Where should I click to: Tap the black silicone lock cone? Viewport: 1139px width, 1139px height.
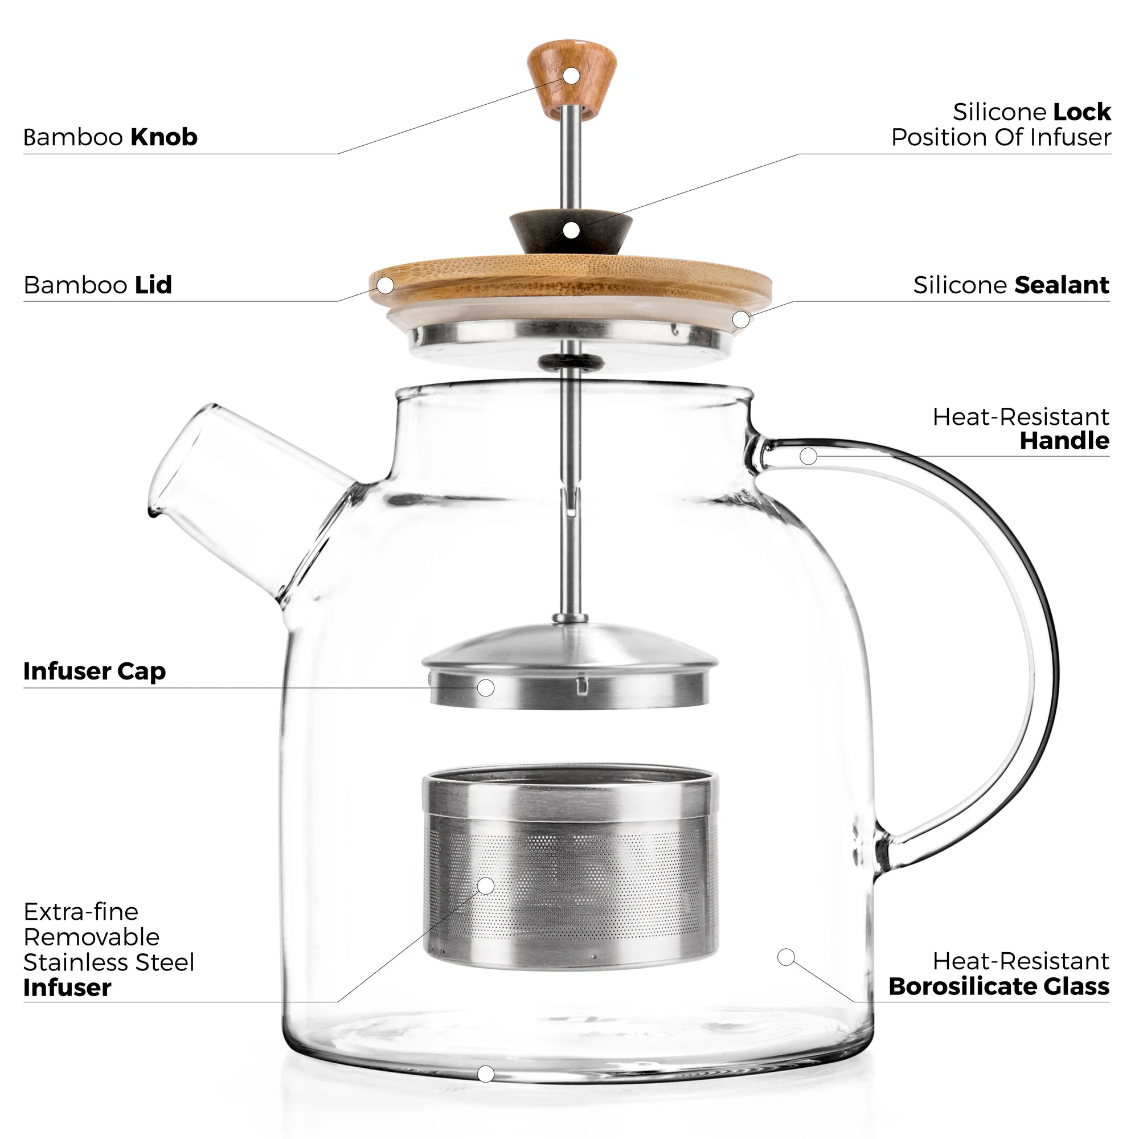point(571,231)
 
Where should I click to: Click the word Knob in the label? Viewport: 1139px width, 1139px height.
point(163,137)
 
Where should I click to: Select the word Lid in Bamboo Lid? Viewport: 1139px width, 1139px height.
point(153,285)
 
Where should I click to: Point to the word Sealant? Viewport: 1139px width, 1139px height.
point(1060,285)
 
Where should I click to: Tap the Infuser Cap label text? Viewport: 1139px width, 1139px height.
point(95,671)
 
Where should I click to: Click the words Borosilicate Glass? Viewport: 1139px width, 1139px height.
point(998,986)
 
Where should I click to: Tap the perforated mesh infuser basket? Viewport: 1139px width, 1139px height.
point(571,884)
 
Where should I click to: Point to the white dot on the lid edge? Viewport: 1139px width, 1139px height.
point(386,285)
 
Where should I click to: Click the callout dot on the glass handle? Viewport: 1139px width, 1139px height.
point(808,456)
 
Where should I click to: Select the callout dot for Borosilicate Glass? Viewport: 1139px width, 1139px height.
point(786,957)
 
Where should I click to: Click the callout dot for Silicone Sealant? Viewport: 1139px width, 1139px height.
point(741,319)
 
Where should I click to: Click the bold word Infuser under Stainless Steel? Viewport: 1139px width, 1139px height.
point(67,988)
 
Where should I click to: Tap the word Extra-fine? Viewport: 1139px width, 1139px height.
point(81,912)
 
